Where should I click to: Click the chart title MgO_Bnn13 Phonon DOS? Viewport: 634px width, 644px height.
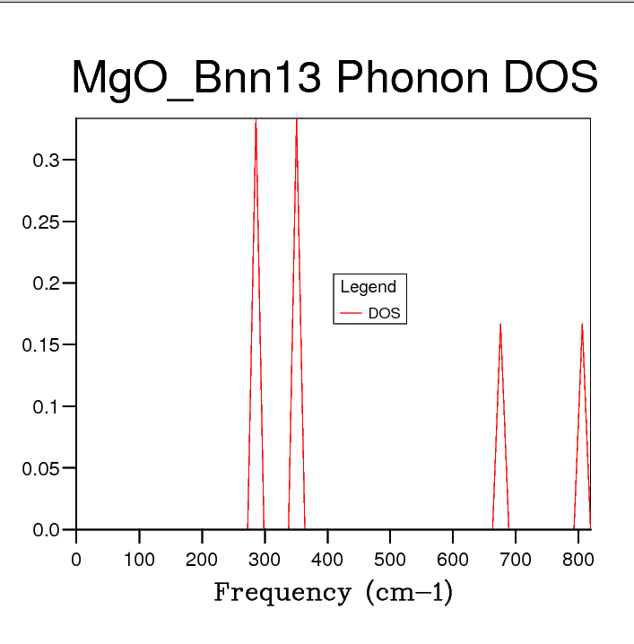(334, 79)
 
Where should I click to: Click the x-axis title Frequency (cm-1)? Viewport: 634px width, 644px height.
(334, 593)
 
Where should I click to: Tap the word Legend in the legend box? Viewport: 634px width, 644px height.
(368, 287)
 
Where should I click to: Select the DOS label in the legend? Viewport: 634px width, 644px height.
(384, 314)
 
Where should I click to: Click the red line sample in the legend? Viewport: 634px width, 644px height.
(351, 314)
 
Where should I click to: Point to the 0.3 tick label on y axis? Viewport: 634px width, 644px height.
(47, 161)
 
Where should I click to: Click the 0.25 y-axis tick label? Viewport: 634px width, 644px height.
(41, 222)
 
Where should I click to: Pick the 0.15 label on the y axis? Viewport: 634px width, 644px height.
(41, 345)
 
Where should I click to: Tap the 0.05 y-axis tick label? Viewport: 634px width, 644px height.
(41, 468)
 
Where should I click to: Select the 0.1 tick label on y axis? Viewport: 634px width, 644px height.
(47, 406)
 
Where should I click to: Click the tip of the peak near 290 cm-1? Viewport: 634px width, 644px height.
(256, 120)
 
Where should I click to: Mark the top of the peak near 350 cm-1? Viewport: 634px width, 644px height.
(297, 120)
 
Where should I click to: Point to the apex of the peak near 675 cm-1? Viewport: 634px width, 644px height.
(500, 324)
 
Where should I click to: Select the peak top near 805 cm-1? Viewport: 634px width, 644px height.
(582, 324)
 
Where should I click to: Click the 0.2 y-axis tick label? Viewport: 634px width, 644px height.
(47, 283)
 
